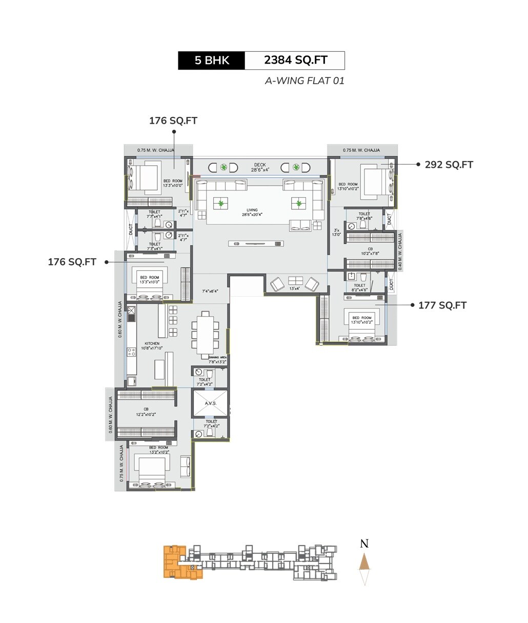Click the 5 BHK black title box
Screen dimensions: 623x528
[x=212, y=61]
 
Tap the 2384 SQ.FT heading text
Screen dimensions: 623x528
[x=295, y=61]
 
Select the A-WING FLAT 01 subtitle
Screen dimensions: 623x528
[x=304, y=81]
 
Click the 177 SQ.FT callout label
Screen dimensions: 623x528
[x=442, y=305]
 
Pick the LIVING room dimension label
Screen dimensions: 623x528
[x=252, y=212]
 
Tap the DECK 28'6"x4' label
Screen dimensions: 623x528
[x=259, y=167]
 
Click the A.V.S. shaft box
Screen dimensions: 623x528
[x=211, y=404]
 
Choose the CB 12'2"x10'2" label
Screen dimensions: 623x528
[x=146, y=411]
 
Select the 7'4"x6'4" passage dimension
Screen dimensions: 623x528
[x=210, y=291]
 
